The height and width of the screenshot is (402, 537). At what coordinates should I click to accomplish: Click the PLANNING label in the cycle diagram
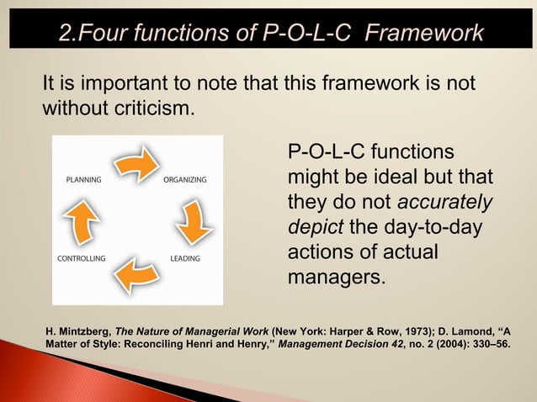point(83,180)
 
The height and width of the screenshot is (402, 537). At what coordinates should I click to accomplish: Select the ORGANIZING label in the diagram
point(185,180)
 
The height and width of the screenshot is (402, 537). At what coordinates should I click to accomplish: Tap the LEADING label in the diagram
point(184,258)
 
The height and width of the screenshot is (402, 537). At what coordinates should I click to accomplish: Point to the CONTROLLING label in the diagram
point(82,258)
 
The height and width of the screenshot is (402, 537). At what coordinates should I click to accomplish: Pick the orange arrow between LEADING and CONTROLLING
point(135,275)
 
